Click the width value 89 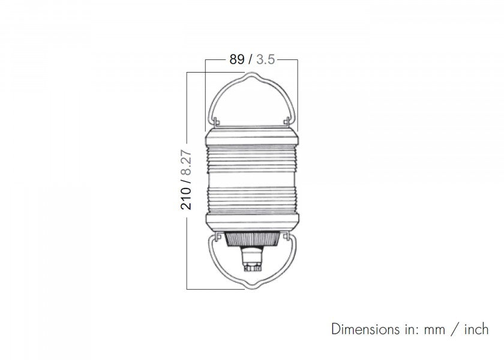click(237, 59)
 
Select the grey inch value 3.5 click(265, 59)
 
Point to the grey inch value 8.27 click(186, 163)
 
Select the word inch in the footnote click(476, 329)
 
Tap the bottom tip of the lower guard click(251, 288)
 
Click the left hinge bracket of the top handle click(217, 121)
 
